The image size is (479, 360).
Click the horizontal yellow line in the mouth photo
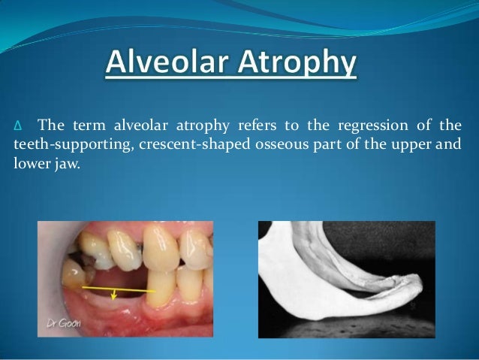point(113,288)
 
